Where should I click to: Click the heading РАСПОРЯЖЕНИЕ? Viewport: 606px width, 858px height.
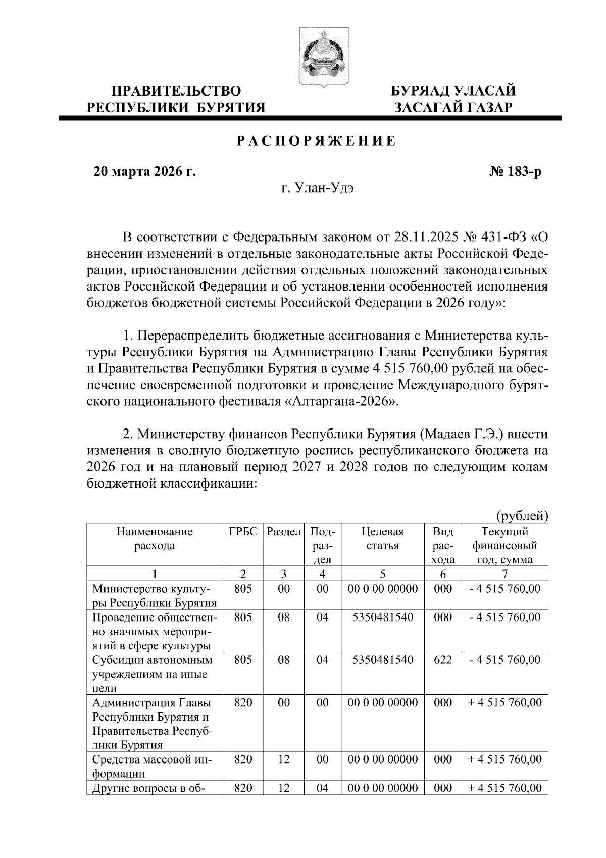tap(317, 141)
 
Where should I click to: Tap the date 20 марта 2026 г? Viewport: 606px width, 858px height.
tap(145, 172)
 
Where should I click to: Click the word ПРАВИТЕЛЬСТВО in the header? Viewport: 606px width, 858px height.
tap(176, 91)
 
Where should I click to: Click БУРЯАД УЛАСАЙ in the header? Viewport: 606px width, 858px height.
tap(454, 91)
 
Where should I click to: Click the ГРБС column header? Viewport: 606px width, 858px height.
tap(243, 532)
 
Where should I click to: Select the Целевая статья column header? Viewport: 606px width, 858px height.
tap(383, 539)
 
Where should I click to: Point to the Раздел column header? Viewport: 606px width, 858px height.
tap(284, 532)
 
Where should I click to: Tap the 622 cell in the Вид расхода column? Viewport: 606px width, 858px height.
tap(443, 660)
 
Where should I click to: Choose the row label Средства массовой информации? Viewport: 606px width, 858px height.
tap(152, 767)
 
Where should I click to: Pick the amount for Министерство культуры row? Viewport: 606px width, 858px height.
tap(504, 589)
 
